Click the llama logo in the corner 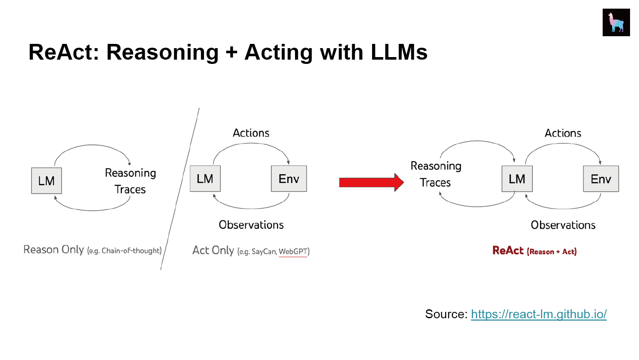[616, 22]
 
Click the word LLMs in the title [399, 52]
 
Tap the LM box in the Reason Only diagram [46, 181]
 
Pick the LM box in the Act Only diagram [205, 179]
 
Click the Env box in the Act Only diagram [289, 179]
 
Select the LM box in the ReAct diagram [517, 179]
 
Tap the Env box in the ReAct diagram [601, 179]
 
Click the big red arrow [371, 182]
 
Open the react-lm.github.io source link [539, 314]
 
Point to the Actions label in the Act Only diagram [251, 133]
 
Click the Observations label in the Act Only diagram [251, 225]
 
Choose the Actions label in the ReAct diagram [563, 133]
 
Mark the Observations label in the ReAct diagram [563, 225]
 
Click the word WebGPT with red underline [293, 251]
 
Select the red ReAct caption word [508, 251]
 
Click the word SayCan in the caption [264, 252]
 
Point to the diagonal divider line [180, 189]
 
